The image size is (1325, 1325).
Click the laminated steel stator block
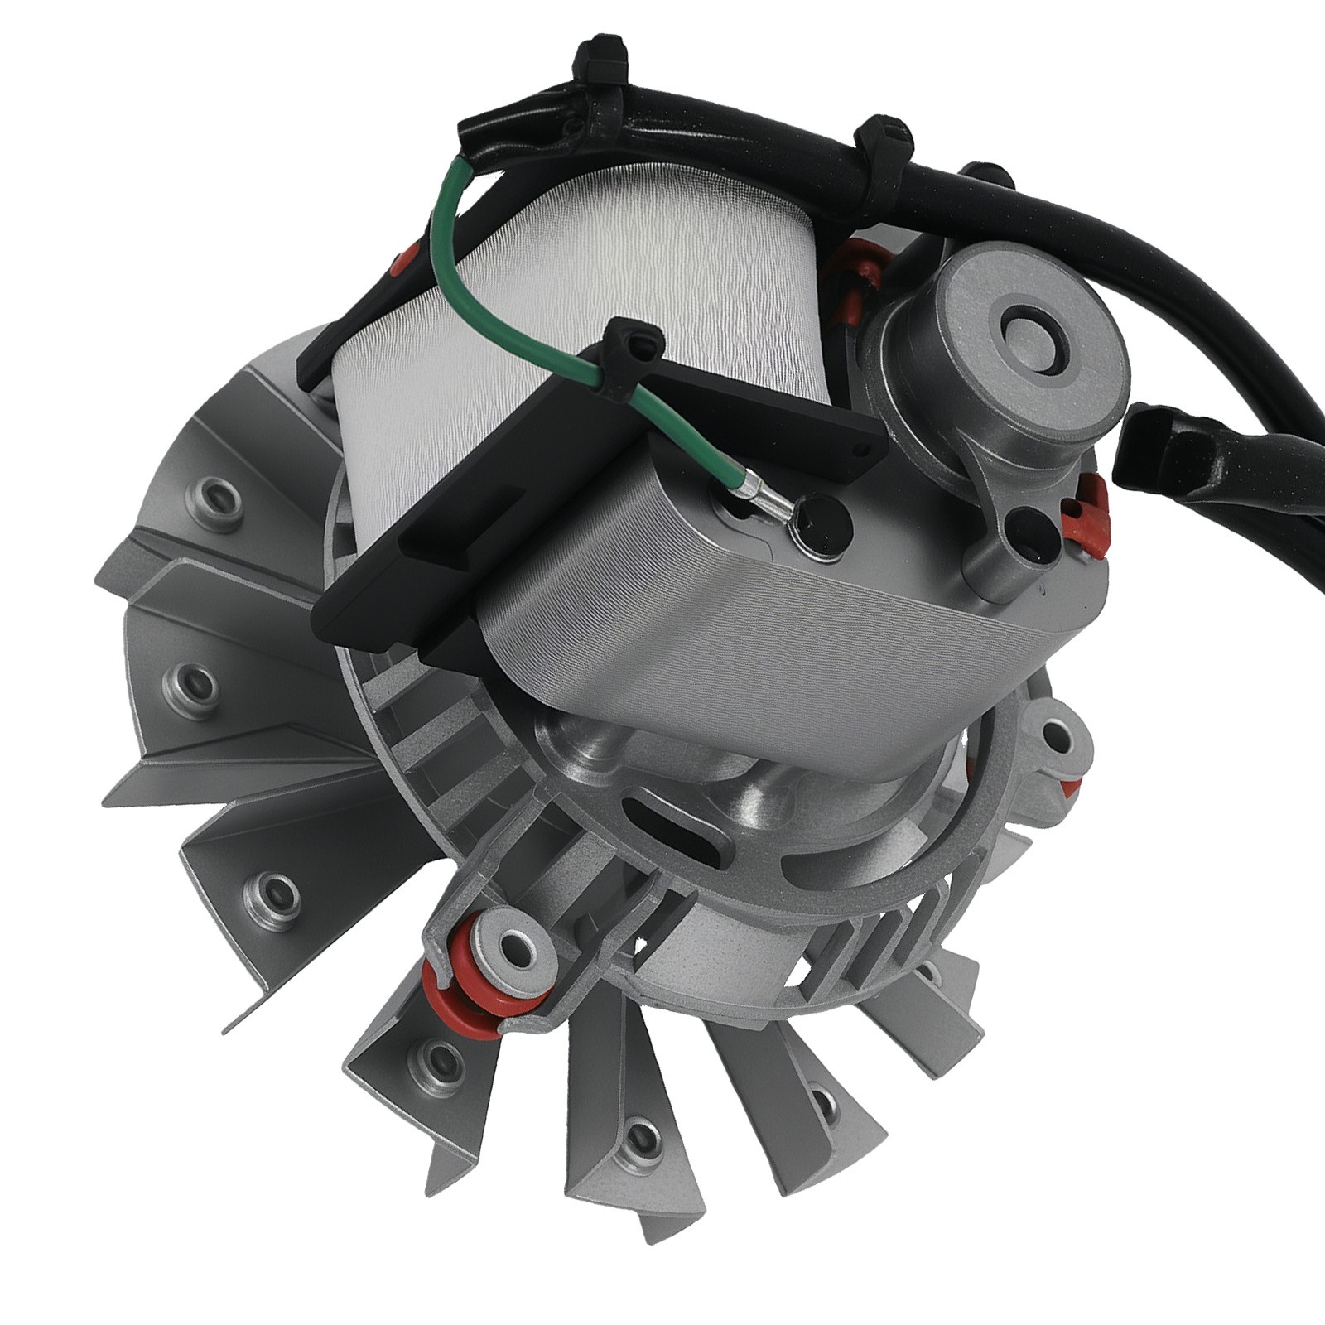(x=745, y=629)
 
